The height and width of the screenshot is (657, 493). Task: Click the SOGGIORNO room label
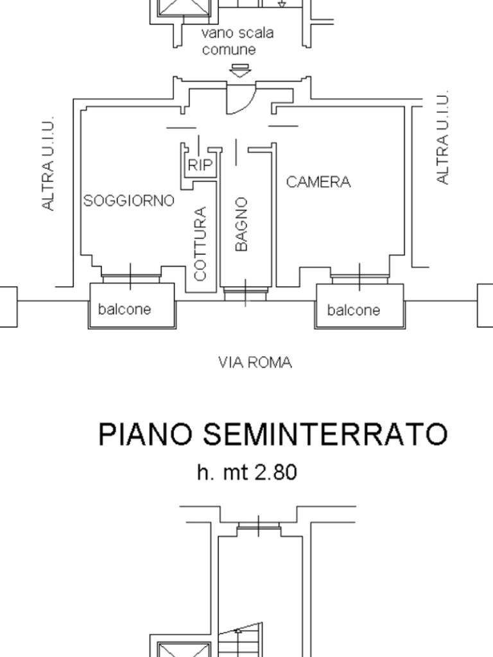pos(128,201)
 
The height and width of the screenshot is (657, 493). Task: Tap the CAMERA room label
pos(318,182)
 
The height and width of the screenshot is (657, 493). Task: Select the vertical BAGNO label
pos(241,224)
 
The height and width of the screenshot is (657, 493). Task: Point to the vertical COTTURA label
pos(200,243)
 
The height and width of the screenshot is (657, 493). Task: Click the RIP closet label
pos(200,166)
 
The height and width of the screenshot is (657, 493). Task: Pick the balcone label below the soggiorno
pos(125,309)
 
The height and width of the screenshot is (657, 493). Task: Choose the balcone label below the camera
pos(354,311)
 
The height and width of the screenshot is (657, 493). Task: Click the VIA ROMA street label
pos(255,363)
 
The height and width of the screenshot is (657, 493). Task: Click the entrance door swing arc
pos(244,103)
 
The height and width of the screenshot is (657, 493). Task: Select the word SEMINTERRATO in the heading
pos(325,434)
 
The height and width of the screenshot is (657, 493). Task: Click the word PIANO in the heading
pos(146,434)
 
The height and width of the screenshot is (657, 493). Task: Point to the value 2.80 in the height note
pos(276,473)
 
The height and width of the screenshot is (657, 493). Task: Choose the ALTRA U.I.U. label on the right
pos(442,138)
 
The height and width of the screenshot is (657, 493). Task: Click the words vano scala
pos(238,33)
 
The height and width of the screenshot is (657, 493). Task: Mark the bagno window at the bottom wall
pos(245,293)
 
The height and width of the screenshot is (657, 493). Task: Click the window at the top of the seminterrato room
pos(258,527)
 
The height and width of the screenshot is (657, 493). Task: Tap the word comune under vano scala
pos(229,50)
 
